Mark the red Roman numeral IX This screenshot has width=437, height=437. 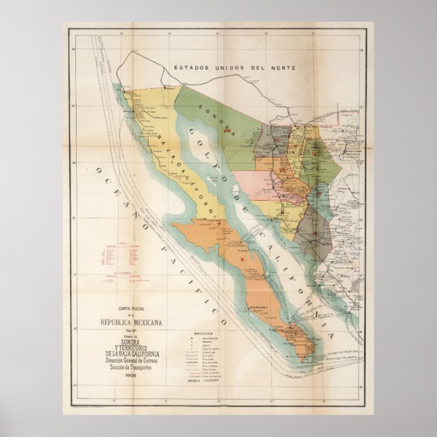317,154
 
